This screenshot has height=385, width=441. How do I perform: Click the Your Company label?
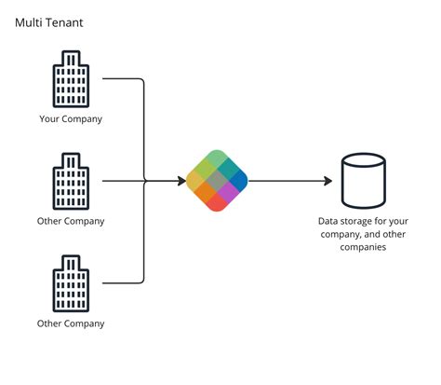pos(71,118)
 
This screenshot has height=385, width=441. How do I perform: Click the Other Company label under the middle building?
pos(71,221)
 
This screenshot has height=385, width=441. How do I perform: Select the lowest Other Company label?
pos(71,323)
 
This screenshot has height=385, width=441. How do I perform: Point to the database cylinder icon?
pos(364,181)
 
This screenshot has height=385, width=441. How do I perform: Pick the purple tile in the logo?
pos(227,190)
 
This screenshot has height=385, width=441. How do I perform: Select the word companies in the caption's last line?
pos(364,248)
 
